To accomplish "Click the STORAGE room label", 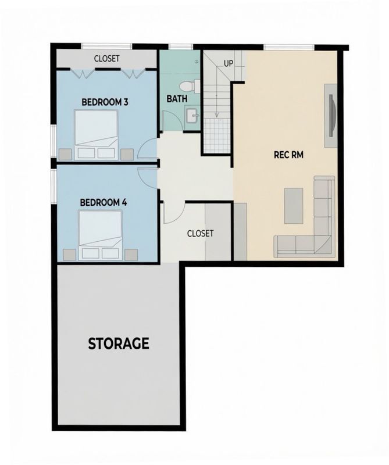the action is [x=119, y=344].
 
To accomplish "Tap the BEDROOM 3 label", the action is [x=105, y=102].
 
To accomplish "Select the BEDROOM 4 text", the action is [x=104, y=202].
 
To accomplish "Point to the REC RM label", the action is [x=288, y=155].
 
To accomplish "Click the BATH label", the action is [x=177, y=99].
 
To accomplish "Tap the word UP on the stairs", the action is [x=228, y=63].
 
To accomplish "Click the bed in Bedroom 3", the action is [x=96, y=135].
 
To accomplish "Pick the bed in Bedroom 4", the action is [x=100, y=235].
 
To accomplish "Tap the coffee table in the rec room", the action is [x=294, y=206].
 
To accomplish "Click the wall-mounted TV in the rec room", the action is [x=333, y=115].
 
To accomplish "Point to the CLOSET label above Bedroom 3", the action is [x=107, y=59].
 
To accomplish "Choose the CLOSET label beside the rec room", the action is [x=200, y=234].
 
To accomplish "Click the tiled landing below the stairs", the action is [x=217, y=135].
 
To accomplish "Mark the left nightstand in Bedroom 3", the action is [x=65, y=155].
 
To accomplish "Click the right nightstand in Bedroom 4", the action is [x=131, y=255].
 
